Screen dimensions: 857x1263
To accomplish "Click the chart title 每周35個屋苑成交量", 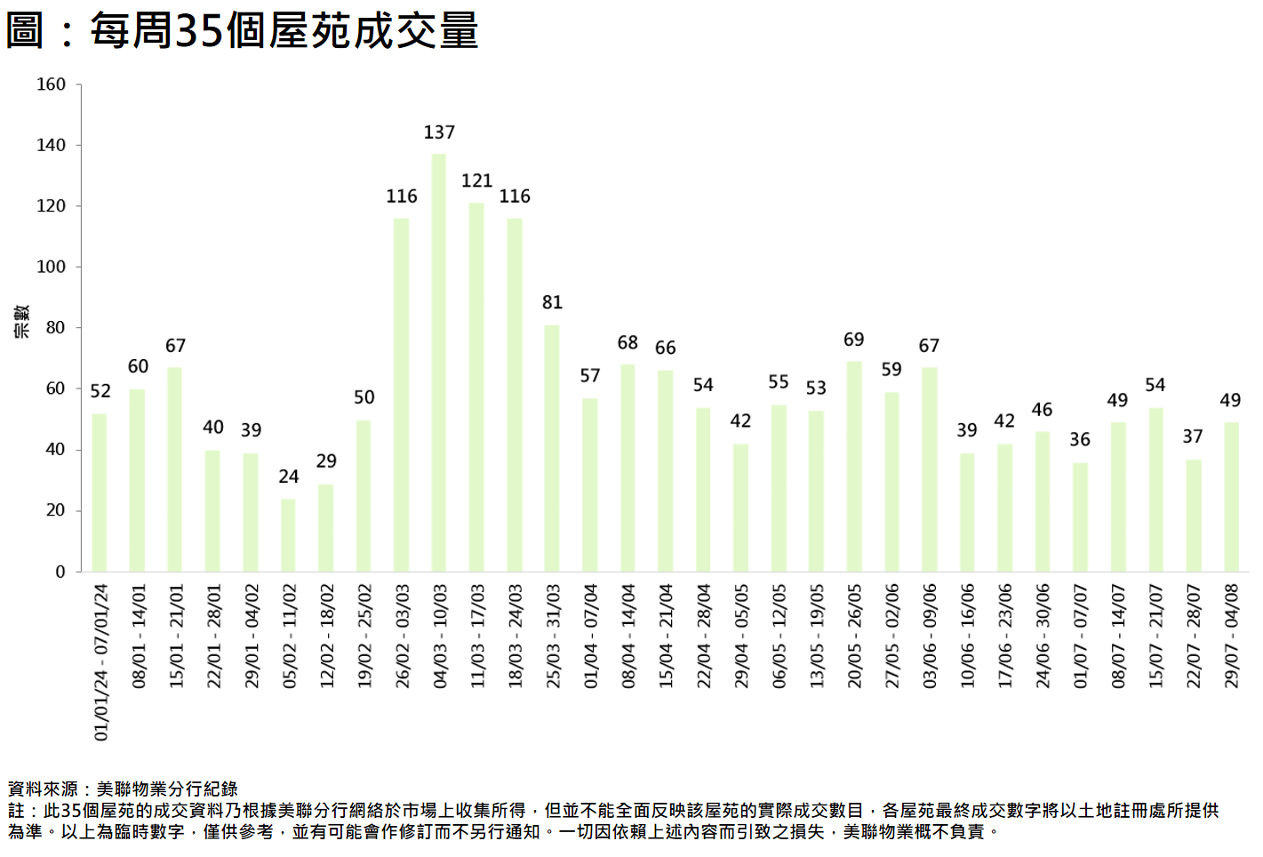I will [x=242, y=30].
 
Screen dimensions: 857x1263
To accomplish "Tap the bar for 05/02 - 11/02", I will [x=288, y=535].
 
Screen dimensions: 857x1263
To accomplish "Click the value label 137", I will [x=439, y=132].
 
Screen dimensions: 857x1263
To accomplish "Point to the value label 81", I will [x=552, y=302].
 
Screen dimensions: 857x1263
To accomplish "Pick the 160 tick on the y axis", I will [x=51, y=84].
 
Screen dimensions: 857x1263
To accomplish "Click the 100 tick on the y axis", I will [x=51, y=267].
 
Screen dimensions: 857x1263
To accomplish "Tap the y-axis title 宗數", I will [x=21, y=321].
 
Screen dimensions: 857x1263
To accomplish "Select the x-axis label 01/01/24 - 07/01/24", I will [x=100, y=662].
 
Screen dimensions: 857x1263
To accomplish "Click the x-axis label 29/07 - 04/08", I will [x=1231, y=636].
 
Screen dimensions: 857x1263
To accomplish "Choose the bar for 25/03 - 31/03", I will [x=552, y=448].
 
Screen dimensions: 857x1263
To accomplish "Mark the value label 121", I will [x=476, y=180].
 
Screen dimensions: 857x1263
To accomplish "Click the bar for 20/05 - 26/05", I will [x=854, y=466].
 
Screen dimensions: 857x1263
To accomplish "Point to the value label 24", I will [x=288, y=477].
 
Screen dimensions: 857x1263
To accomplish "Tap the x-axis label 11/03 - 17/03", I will [x=477, y=636].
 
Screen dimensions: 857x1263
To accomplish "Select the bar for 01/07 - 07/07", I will [x=1080, y=517].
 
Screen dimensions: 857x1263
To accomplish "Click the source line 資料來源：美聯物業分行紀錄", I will [x=123, y=789].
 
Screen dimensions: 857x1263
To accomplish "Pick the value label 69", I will [x=853, y=340].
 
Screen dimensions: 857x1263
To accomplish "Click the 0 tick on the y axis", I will [x=60, y=572].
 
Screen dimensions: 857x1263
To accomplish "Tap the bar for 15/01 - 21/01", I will [x=175, y=469].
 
